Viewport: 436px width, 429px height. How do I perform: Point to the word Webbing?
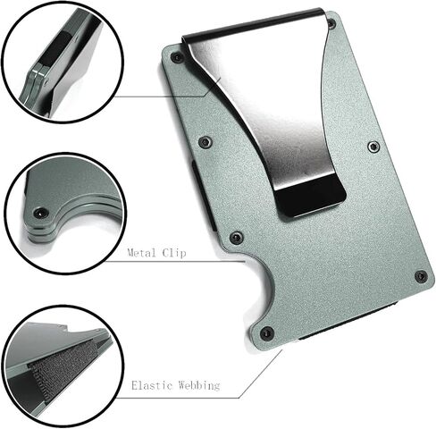(200, 387)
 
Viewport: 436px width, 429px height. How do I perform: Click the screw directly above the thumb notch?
(236, 238)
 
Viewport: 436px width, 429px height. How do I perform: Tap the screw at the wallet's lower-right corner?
(421, 277)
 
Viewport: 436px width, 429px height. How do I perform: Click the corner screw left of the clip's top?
(177, 57)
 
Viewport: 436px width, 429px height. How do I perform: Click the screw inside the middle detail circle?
(40, 213)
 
